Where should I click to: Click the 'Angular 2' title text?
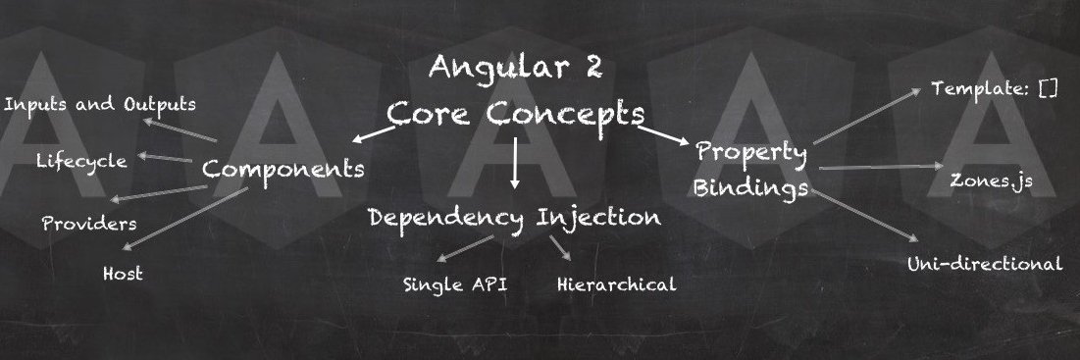(x=516, y=67)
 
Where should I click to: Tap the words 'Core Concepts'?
(x=516, y=114)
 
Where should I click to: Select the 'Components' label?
(x=283, y=168)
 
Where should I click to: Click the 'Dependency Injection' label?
(x=515, y=218)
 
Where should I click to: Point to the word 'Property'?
(x=750, y=153)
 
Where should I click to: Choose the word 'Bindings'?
(x=750, y=186)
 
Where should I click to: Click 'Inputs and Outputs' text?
(x=100, y=105)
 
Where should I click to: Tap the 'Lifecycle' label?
(x=82, y=161)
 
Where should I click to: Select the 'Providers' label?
(x=89, y=224)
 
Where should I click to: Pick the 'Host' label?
(x=124, y=274)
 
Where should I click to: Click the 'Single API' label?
(x=455, y=284)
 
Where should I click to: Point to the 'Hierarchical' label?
(x=616, y=284)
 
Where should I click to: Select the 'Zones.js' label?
(x=991, y=181)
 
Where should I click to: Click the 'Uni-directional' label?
(x=985, y=264)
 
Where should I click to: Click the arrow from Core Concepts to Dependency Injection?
(x=515, y=163)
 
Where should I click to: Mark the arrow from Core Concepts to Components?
(x=374, y=134)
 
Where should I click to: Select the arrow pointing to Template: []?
(x=866, y=116)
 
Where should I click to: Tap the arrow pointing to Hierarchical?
(x=560, y=248)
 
